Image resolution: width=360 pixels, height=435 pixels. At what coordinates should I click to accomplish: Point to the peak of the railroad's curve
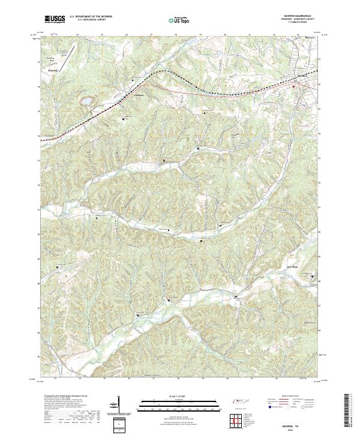tap(162, 71)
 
